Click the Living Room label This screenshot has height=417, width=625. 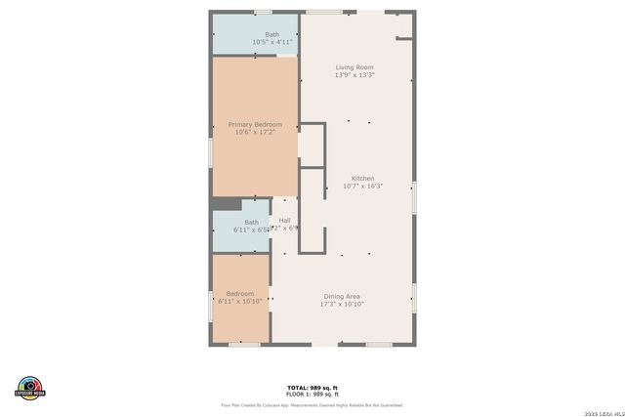(354, 67)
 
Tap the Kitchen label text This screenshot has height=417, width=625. (362, 179)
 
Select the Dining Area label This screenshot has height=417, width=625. (342, 296)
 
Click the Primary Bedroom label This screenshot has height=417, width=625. (255, 124)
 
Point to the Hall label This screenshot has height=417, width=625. (284, 220)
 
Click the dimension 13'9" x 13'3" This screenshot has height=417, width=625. (354, 75)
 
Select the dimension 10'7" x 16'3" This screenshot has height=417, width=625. (362, 187)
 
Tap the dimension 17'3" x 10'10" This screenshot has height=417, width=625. (342, 304)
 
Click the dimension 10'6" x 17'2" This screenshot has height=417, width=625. (255, 132)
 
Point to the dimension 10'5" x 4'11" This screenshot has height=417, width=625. (271, 42)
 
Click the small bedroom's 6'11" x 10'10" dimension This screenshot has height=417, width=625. (240, 302)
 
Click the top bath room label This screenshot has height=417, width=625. (271, 34)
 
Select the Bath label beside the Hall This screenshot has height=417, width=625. (251, 222)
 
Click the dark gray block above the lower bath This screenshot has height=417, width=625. (227, 203)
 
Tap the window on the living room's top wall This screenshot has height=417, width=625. (324, 12)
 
